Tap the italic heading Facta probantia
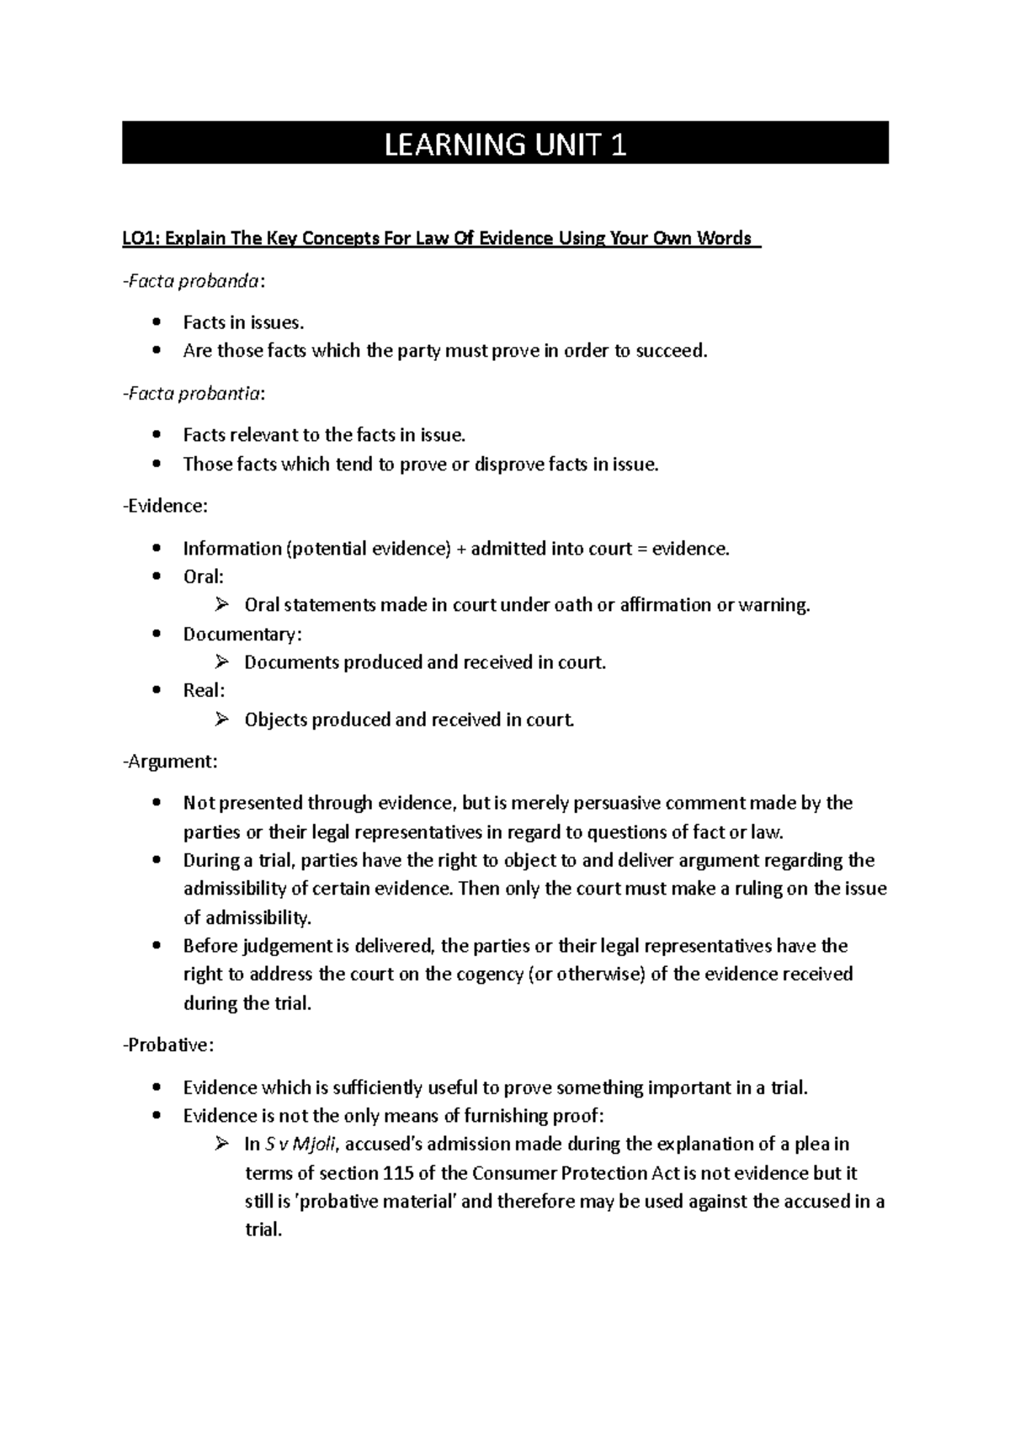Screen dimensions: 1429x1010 (194, 393)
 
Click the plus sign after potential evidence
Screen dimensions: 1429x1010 (461, 549)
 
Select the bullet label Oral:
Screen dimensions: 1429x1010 (203, 577)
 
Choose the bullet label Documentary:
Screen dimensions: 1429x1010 (242, 634)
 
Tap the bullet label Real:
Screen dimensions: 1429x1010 (203, 690)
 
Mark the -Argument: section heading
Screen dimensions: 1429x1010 (170, 762)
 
